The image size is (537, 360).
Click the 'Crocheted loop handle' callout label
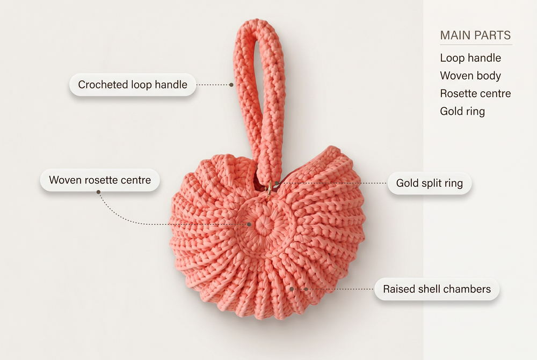click(x=133, y=85)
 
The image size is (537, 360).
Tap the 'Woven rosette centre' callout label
click(x=100, y=180)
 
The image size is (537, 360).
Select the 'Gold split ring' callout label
click(x=430, y=183)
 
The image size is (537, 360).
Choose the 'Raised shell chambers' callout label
click(x=437, y=289)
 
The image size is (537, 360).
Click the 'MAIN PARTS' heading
click(x=475, y=35)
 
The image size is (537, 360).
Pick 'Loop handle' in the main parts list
click(x=470, y=58)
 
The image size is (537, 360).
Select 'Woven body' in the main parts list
click(x=470, y=76)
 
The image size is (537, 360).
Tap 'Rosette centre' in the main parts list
click(x=475, y=93)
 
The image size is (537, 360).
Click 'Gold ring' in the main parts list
click(x=462, y=111)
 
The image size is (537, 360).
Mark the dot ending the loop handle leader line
click(x=231, y=85)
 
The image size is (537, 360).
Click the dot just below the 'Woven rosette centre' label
click(x=98, y=192)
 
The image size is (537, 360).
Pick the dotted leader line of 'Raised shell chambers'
click(x=332, y=289)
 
